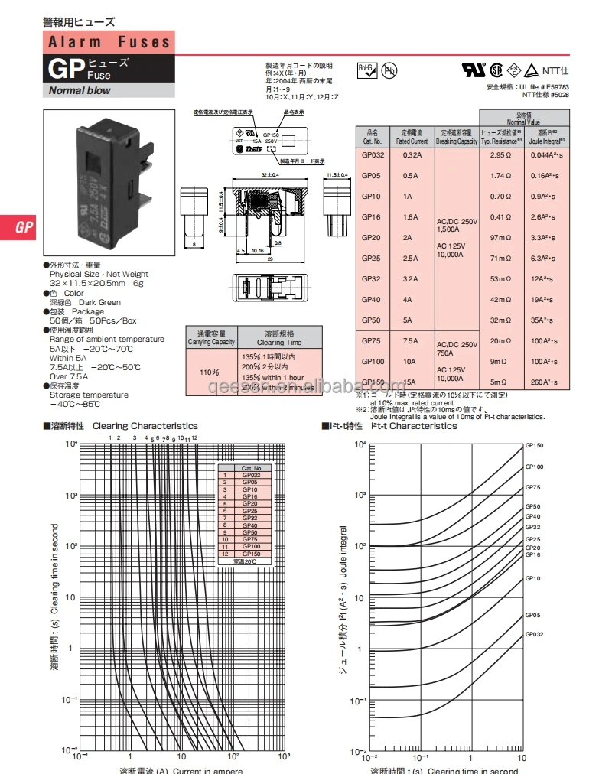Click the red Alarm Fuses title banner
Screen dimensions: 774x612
tap(109, 42)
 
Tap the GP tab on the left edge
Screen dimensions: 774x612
tap(24, 227)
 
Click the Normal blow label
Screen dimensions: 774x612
tap(80, 90)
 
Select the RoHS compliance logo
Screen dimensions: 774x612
tap(368, 70)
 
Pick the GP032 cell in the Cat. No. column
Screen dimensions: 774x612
tap(373, 154)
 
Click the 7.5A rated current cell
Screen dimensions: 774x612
tap(410, 341)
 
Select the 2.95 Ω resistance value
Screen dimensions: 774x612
tap(500, 154)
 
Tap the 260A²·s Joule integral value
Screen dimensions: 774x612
tap(546, 382)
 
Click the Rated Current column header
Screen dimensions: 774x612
tap(411, 137)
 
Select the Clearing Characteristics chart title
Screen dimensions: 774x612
tap(145, 426)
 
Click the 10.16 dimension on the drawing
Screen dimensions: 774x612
tap(257, 249)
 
